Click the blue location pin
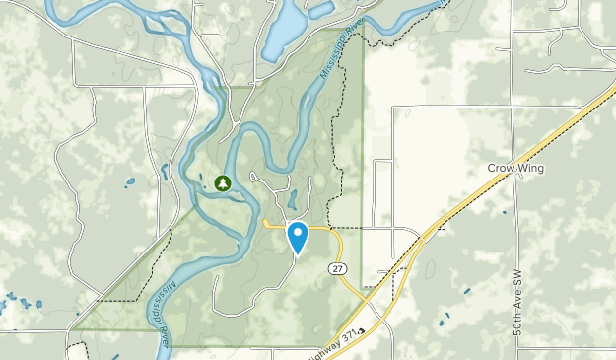[297, 237]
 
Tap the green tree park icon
[223, 182]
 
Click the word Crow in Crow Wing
[502, 168]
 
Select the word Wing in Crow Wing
[531, 168]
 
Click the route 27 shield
[339, 268]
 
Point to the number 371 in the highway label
[347, 331]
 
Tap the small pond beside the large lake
[321, 10]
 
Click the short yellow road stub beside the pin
[273, 225]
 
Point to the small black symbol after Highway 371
[361, 331]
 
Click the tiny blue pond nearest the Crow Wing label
[504, 210]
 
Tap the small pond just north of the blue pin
[291, 192]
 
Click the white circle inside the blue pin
[297, 233]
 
